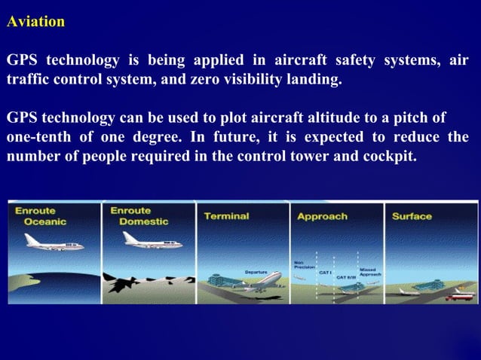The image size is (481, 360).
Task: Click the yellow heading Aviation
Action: [35, 22]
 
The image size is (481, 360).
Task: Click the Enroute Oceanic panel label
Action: [40, 216]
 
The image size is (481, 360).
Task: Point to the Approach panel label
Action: [322, 216]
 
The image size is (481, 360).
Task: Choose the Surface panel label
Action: [412, 216]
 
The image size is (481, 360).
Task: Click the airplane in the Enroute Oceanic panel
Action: [54, 243]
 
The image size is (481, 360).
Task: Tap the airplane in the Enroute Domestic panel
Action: [151, 240]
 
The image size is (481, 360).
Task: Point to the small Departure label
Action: [256, 272]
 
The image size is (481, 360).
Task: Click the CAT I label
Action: [326, 272]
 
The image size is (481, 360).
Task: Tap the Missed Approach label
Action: [369, 272]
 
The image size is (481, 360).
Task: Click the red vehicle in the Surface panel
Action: [456, 296]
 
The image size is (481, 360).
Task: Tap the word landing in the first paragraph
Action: [314, 79]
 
